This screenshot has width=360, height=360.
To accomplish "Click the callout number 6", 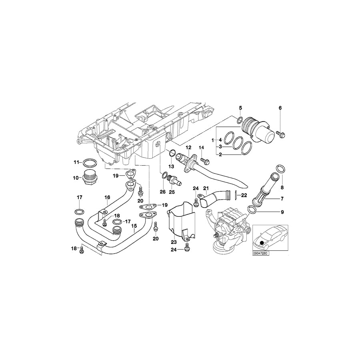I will click(280, 108).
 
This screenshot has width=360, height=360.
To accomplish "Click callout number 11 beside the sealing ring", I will click(76, 162).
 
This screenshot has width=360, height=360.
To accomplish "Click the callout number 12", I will click(188, 148).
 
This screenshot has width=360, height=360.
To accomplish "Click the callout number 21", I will click(206, 188).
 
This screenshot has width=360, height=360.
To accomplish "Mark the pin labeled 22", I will click(236, 194).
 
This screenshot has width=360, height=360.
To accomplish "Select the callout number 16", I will click(107, 198).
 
